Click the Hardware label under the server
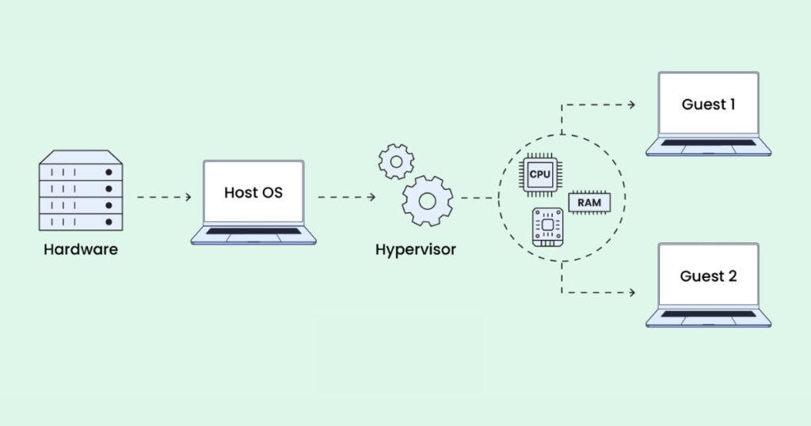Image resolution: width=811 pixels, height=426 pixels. [80, 250]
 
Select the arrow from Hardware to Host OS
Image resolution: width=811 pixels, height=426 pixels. [164, 196]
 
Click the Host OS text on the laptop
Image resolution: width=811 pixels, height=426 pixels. [253, 192]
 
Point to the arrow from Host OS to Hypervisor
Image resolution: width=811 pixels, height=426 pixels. [346, 196]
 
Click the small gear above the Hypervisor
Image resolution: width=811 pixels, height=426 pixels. [396, 161]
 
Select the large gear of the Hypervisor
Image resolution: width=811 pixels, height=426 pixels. [427, 201]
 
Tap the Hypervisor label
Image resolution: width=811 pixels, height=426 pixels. [415, 250]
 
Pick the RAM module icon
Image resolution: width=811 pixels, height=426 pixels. [588, 203]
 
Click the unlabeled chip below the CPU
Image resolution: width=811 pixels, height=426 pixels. [547, 226]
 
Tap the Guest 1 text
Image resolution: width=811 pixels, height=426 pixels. [708, 105]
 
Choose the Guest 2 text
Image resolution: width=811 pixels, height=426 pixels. [708, 276]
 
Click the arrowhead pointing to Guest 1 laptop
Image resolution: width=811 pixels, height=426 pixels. [631, 105]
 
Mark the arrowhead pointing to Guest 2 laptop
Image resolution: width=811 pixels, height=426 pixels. [631, 293]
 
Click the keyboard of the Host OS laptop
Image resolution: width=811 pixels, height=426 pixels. [253, 231]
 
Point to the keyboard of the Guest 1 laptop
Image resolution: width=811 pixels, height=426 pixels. [708, 143]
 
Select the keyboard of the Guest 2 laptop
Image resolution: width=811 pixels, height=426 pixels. [708, 314]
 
